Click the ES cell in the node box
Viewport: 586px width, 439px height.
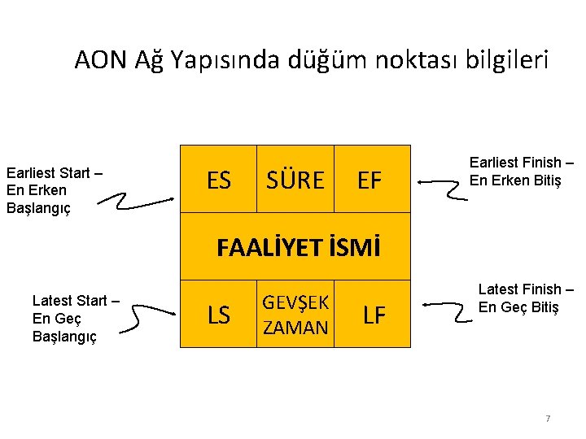218,180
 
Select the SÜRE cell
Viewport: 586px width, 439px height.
295,180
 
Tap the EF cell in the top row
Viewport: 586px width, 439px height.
370,180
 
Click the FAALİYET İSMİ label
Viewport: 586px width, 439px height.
298,247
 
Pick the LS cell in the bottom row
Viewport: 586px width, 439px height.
219,315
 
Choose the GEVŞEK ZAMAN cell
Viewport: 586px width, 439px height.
295,315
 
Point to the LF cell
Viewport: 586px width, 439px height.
374,315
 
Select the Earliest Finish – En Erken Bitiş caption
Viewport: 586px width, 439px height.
521,172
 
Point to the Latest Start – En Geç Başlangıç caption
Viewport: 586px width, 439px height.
76,319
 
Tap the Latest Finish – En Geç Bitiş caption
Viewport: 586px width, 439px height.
519,298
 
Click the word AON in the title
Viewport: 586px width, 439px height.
99,59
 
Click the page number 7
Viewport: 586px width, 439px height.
548,419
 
